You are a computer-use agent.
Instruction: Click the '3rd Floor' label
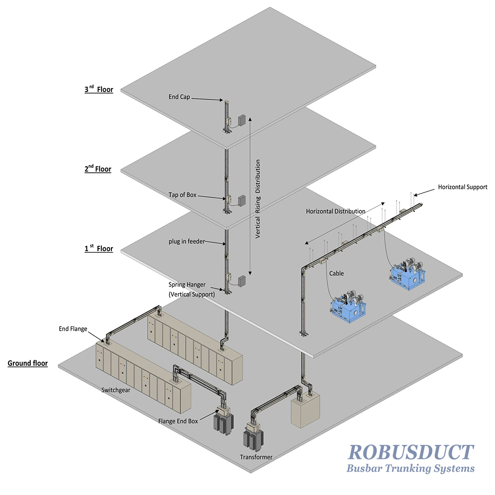[x=99, y=89]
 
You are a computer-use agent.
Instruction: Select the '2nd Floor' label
[x=98, y=169]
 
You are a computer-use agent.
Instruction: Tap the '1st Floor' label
[x=99, y=248]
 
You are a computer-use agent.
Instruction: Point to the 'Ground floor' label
[x=28, y=363]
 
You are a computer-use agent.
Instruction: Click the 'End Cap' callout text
[x=179, y=97]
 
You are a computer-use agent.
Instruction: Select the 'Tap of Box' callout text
[x=183, y=195]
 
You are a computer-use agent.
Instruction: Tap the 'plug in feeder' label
[x=187, y=242]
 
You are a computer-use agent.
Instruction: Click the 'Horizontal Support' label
[x=462, y=187]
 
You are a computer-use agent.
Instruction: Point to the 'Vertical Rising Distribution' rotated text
[x=258, y=198]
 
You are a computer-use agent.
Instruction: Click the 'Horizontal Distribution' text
[x=336, y=211]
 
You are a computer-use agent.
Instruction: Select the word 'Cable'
[x=337, y=273]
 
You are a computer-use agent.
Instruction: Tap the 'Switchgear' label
[x=116, y=390]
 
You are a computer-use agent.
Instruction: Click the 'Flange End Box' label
[x=178, y=421]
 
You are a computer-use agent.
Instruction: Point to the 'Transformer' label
[x=256, y=457]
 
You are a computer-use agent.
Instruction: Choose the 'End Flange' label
[x=73, y=329]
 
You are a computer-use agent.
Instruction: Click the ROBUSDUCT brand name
[x=411, y=452]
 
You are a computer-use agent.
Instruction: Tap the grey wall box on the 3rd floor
[x=242, y=120]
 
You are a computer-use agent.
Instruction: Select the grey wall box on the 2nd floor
[x=242, y=200]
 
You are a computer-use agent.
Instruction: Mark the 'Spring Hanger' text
[x=187, y=285]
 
